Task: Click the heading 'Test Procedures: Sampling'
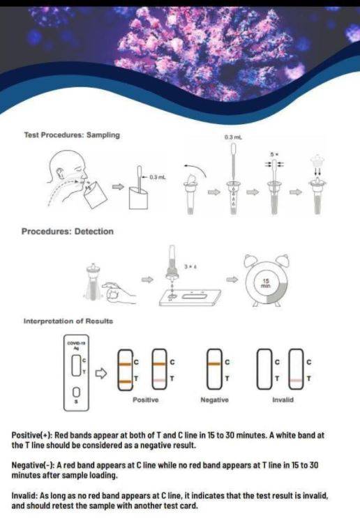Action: (72, 135)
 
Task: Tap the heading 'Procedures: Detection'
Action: (67, 231)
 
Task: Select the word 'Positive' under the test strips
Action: (145, 399)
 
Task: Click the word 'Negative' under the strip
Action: (214, 399)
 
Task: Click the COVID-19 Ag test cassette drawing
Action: (75, 372)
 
